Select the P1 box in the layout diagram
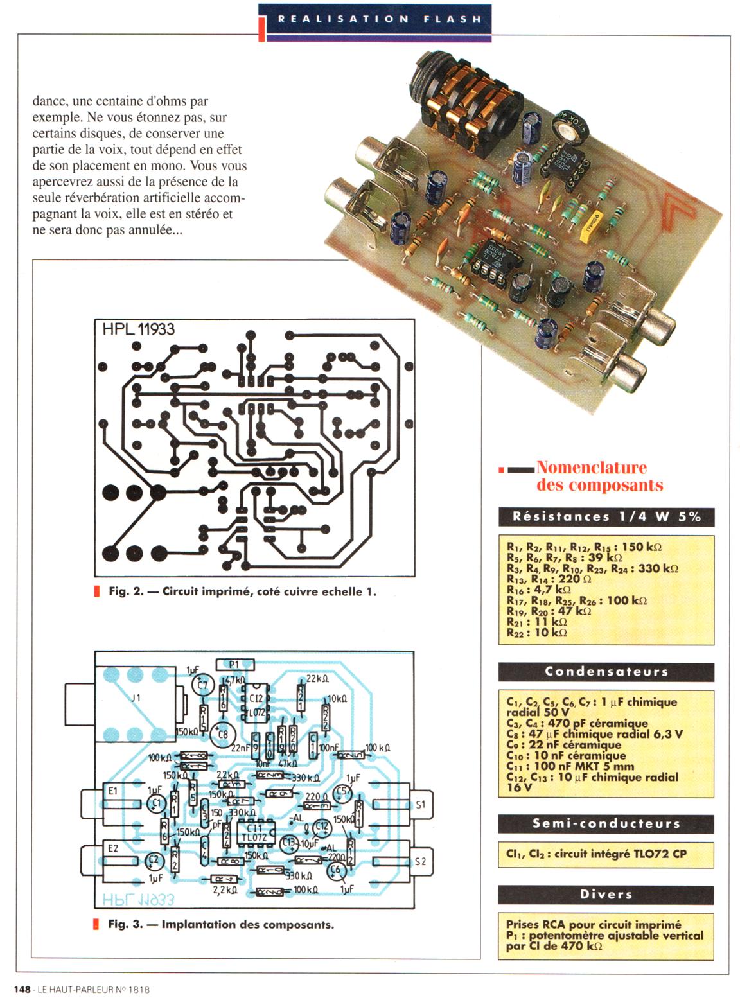(234, 665)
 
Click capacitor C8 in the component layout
(222, 733)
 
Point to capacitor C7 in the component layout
(203, 685)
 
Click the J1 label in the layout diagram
(136, 697)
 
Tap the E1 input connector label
(112, 791)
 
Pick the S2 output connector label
(420, 861)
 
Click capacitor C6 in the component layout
(335, 870)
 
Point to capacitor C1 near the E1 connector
(155, 803)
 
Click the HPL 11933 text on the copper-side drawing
(138, 329)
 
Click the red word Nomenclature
(591, 468)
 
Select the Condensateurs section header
(606, 672)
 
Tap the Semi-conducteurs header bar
(606, 823)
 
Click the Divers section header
(606, 894)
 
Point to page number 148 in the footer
(22, 990)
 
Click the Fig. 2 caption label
(126, 591)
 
